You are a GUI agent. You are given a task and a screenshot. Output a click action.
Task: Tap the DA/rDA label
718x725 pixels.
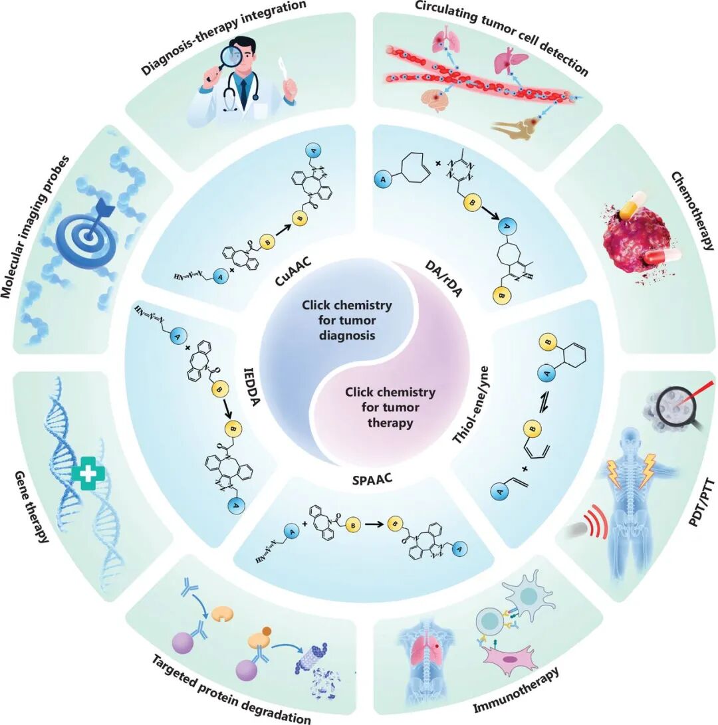pyautogui.click(x=443, y=278)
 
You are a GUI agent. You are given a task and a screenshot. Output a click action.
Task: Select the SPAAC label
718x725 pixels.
pyautogui.click(x=372, y=480)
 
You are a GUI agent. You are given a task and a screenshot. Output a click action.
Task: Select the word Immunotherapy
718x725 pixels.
pyautogui.click(x=516, y=690)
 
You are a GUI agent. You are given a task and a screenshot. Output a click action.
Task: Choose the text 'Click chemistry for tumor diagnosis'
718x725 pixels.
pyautogui.click(x=347, y=320)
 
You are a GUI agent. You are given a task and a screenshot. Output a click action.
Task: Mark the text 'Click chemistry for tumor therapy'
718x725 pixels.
pyautogui.click(x=390, y=407)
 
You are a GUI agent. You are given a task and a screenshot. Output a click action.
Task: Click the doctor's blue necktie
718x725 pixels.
pyautogui.click(x=243, y=92)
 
